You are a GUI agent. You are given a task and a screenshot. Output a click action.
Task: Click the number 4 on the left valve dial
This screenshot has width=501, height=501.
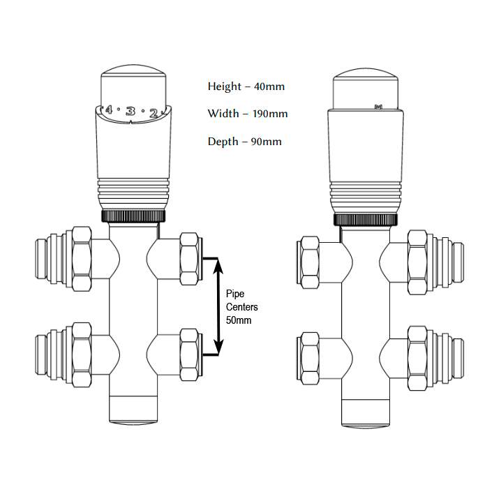click(x=108, y=110)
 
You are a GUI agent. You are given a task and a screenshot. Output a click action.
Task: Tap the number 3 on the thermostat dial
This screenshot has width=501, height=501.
click(x=130, y=111)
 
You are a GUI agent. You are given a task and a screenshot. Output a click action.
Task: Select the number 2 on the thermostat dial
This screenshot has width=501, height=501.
click(x=154, y=112)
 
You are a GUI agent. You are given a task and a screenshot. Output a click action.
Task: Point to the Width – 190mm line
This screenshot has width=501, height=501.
click(x=247, y=114)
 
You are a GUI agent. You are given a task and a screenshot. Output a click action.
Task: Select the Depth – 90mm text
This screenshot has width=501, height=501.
click(x=244, y=142)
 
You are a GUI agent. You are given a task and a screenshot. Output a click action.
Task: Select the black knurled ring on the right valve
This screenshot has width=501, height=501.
click(x=366, y=220)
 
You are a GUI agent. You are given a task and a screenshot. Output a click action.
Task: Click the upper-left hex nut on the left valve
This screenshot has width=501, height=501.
click(x=82, y=257)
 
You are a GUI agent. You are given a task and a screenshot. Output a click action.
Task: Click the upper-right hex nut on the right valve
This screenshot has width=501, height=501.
click(x=419, y=259)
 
